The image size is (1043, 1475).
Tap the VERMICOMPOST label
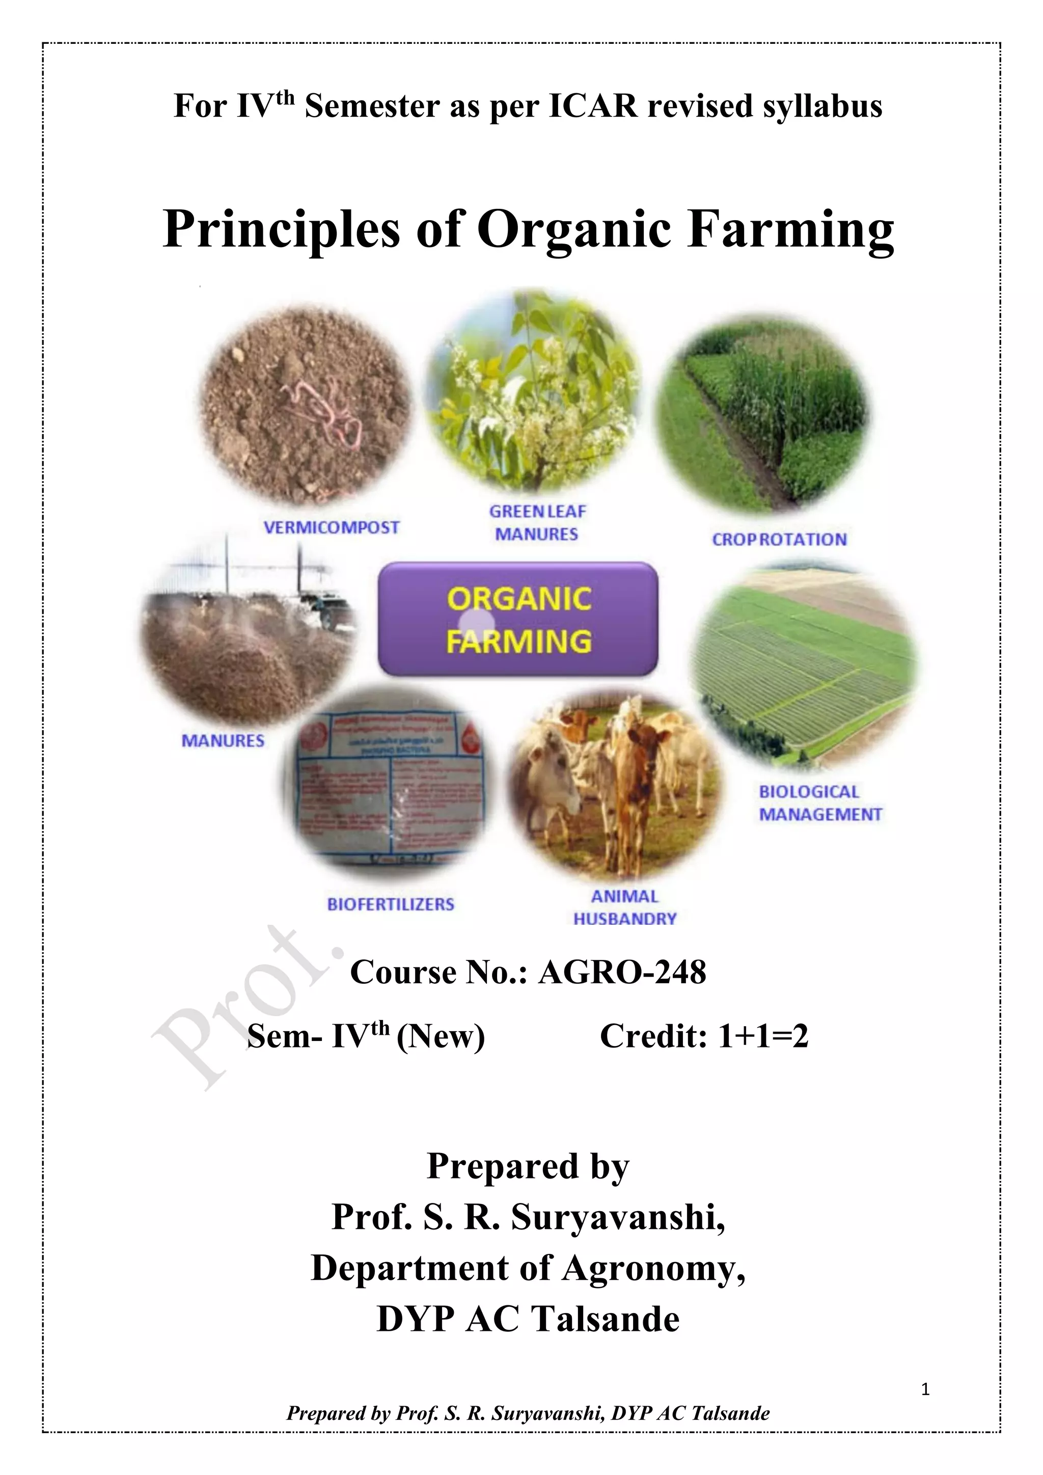tap(332, 527)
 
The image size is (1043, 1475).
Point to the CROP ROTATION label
tap(779, 540)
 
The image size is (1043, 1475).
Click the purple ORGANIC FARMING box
tap(517, 619)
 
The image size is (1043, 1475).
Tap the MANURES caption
tap(223, 741)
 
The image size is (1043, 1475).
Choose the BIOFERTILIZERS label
tap(391, 904)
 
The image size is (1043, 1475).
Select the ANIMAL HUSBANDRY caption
tap(624, 907)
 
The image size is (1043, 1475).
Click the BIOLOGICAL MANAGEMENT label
tap(820, 803)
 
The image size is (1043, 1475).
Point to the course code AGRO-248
tap(622, 972)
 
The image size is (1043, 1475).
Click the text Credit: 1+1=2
tap(704, 1036)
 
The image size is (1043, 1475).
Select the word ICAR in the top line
tap(593, 106)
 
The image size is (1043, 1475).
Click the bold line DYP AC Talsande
tap(528, 1319)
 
